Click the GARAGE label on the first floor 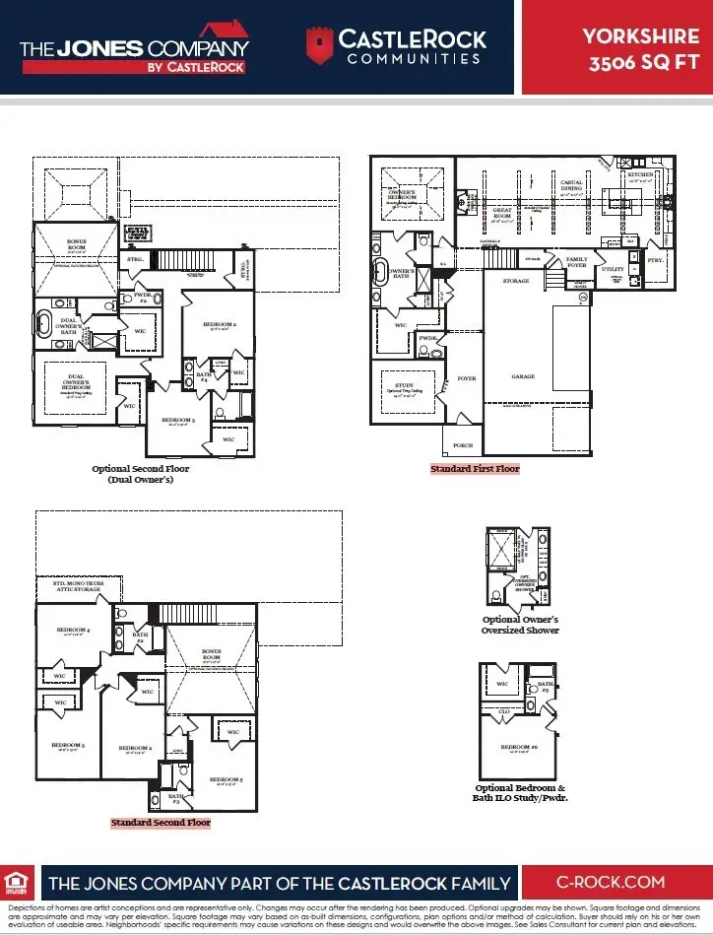point(523,376)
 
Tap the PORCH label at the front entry point(462,445)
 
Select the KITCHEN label point(640,173)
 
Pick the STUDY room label point(404,386)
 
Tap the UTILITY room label point(613,269)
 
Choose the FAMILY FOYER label point(576,262)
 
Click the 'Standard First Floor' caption point(475,469)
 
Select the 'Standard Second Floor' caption point(161,822)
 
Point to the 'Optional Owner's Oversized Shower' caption point(520,625)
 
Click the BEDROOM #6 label point(518,748)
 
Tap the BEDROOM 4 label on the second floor point(73,630)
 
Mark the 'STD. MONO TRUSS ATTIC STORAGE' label point(76,586)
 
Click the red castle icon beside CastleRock point(318,45)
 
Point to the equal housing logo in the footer point(17,882)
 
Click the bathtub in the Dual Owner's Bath point(45,321)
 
